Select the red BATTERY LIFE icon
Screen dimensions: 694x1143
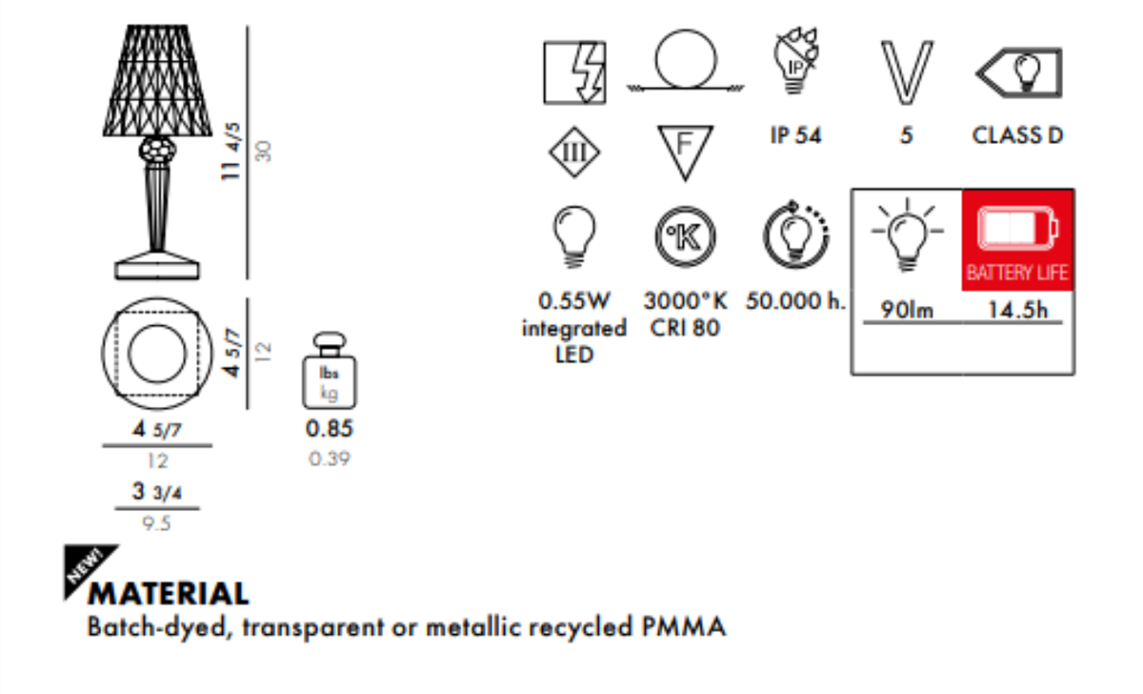1017,238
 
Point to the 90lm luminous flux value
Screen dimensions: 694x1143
907,311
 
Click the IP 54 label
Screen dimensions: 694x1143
795,135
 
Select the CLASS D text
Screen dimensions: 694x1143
1017,135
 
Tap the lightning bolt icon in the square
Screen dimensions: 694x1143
574,72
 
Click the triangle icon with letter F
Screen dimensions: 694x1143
685,152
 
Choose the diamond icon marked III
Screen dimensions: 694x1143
574,152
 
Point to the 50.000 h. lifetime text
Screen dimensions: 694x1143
795,301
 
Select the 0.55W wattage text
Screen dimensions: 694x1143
573,301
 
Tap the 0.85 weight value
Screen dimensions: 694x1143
329,429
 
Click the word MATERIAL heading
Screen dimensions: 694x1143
169,594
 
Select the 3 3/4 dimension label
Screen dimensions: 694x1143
156,493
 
